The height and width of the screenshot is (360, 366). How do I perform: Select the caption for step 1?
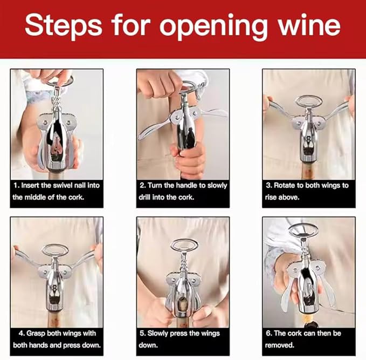click(57, 191)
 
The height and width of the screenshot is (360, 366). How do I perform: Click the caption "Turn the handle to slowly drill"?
click(183, 191)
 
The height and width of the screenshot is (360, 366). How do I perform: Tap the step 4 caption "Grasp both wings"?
click(57, 339)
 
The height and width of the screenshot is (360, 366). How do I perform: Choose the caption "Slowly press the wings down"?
click(183, 339)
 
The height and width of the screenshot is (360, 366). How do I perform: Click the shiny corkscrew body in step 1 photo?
click(56, 135)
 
